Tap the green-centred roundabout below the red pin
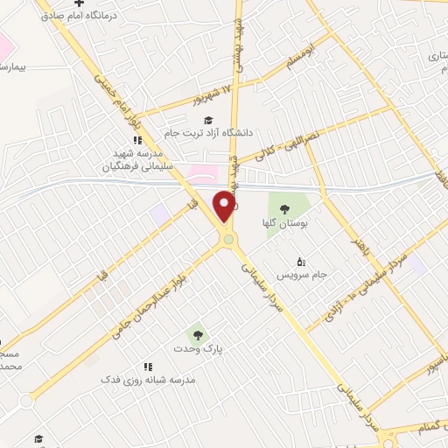pos(228,239)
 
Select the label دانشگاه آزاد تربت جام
pos(208,133)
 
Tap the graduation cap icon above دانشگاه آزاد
pos(207,120)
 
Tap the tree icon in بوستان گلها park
pos(284,208)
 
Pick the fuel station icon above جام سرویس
pos(302,261)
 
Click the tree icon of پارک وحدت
pos(195,333)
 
